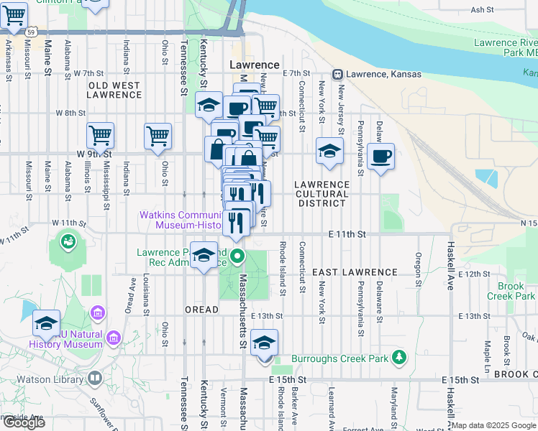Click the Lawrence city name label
[x=254, y=65]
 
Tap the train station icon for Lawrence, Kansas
[x=337, y=74]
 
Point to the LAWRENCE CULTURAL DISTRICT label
[x=322, y=194]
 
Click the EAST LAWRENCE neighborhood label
[x=355, y=272]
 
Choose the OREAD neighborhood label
[x=201, y=310]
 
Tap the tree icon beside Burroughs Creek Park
[x=399, y=358]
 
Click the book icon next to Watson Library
[x=96, y=378]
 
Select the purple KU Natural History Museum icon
[x=96, y=314]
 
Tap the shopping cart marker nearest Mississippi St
[x=101, y=134]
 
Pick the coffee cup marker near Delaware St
[x=380, y=155]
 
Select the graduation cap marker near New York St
[x=329, y=151]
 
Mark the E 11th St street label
[x=347, y=234]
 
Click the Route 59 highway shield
[x=29, y=32]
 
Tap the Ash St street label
[x=482, y=10]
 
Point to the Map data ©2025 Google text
[x=494, y=425]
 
